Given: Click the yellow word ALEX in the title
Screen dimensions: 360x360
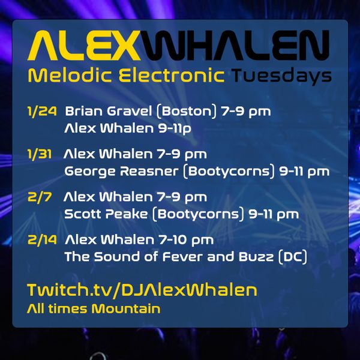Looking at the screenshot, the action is pyautogui.click(x=83, y=45).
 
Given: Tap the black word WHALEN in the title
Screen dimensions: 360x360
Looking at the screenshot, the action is pyautogui.click(x=235, y=45).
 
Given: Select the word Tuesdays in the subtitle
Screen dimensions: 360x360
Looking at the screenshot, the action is pyautogui.click(x=281, y=76).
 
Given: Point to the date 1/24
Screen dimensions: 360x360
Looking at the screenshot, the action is pyautogui.click(x=42, y=112).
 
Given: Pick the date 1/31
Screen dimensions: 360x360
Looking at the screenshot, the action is pyautogui.click(x=39, y=154).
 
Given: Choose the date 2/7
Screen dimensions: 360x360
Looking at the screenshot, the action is pyautogui.click(x=39, y=197).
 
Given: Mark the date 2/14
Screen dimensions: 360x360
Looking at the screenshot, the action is pyautogui.click(x=42, y=240).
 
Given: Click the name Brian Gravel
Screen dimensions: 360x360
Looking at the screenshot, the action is pyautogui.click(x=109, y=111).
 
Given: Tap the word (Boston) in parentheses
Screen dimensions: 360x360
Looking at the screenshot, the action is pyautogui.click(x=187, y=112).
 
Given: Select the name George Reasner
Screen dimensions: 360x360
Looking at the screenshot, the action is pyautogui.click(x=121, y=171).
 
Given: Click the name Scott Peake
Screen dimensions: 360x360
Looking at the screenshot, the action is pyautogui.click(x=106, y=214).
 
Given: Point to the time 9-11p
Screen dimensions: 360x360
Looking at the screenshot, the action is pyautogui.click(x=175, y=128).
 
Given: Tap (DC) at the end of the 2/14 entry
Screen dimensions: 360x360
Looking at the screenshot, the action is pyautogui.click(x=292, y=257).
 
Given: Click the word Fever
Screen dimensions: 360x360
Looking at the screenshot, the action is pyautogui.click(x=183, y=256).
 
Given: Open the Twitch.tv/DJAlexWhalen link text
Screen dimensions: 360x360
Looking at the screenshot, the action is pyautogui.click(x=142, y=290).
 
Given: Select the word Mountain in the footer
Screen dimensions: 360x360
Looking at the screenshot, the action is pyautogui.click(x=126, y=308).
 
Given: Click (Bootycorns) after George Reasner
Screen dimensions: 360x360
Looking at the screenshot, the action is pyautogui.click(x=229, y=172).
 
